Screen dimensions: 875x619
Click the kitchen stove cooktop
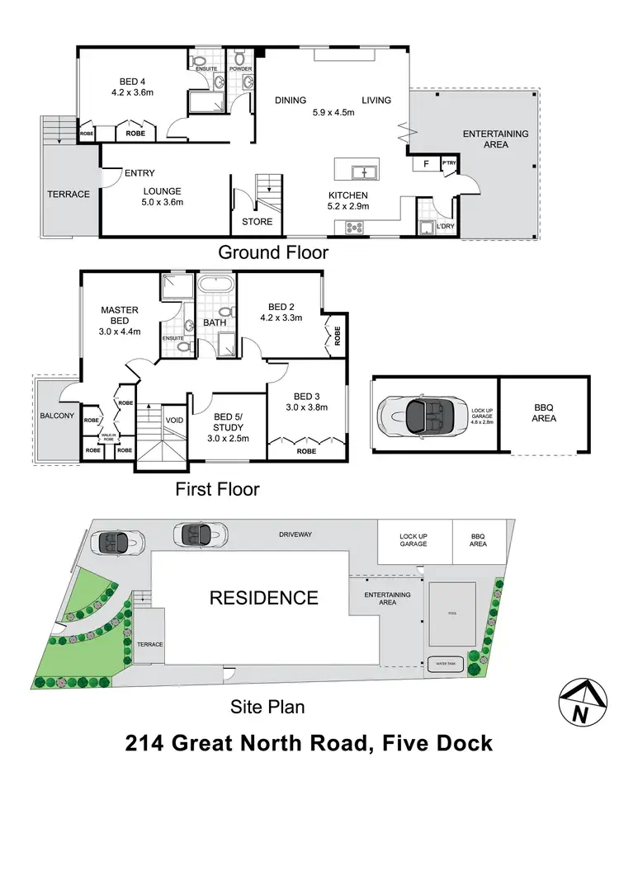tap(356, 228)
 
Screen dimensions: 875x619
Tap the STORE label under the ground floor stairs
tap(256, 222)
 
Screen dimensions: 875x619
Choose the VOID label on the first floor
tap(174, 420)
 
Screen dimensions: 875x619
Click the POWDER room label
tap(241, 69)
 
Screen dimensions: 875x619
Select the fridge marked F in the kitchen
tap(425, 164)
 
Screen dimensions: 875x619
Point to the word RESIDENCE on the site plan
tap(263, 598)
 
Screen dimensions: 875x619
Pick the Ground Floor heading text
tap(272, 252)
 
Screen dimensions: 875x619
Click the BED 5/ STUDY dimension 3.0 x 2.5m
tap(230, 438)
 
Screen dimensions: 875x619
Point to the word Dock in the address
tap(457, 743)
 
